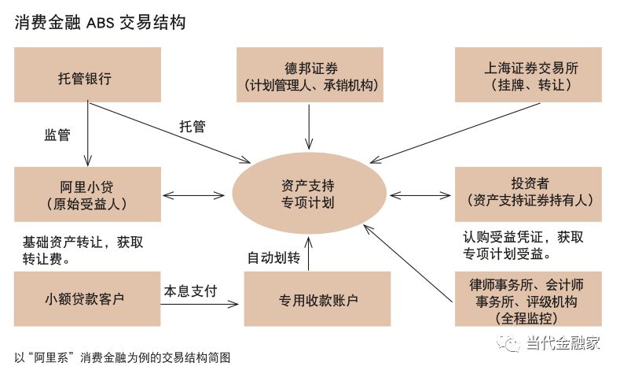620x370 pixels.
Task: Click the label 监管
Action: pyautogui.click(x=57, y=135)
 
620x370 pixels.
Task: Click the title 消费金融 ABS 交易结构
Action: pyautogui.click(x=100, y=21)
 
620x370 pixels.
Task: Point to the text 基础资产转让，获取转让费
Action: pyautogui.click(x=83, y=250)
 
